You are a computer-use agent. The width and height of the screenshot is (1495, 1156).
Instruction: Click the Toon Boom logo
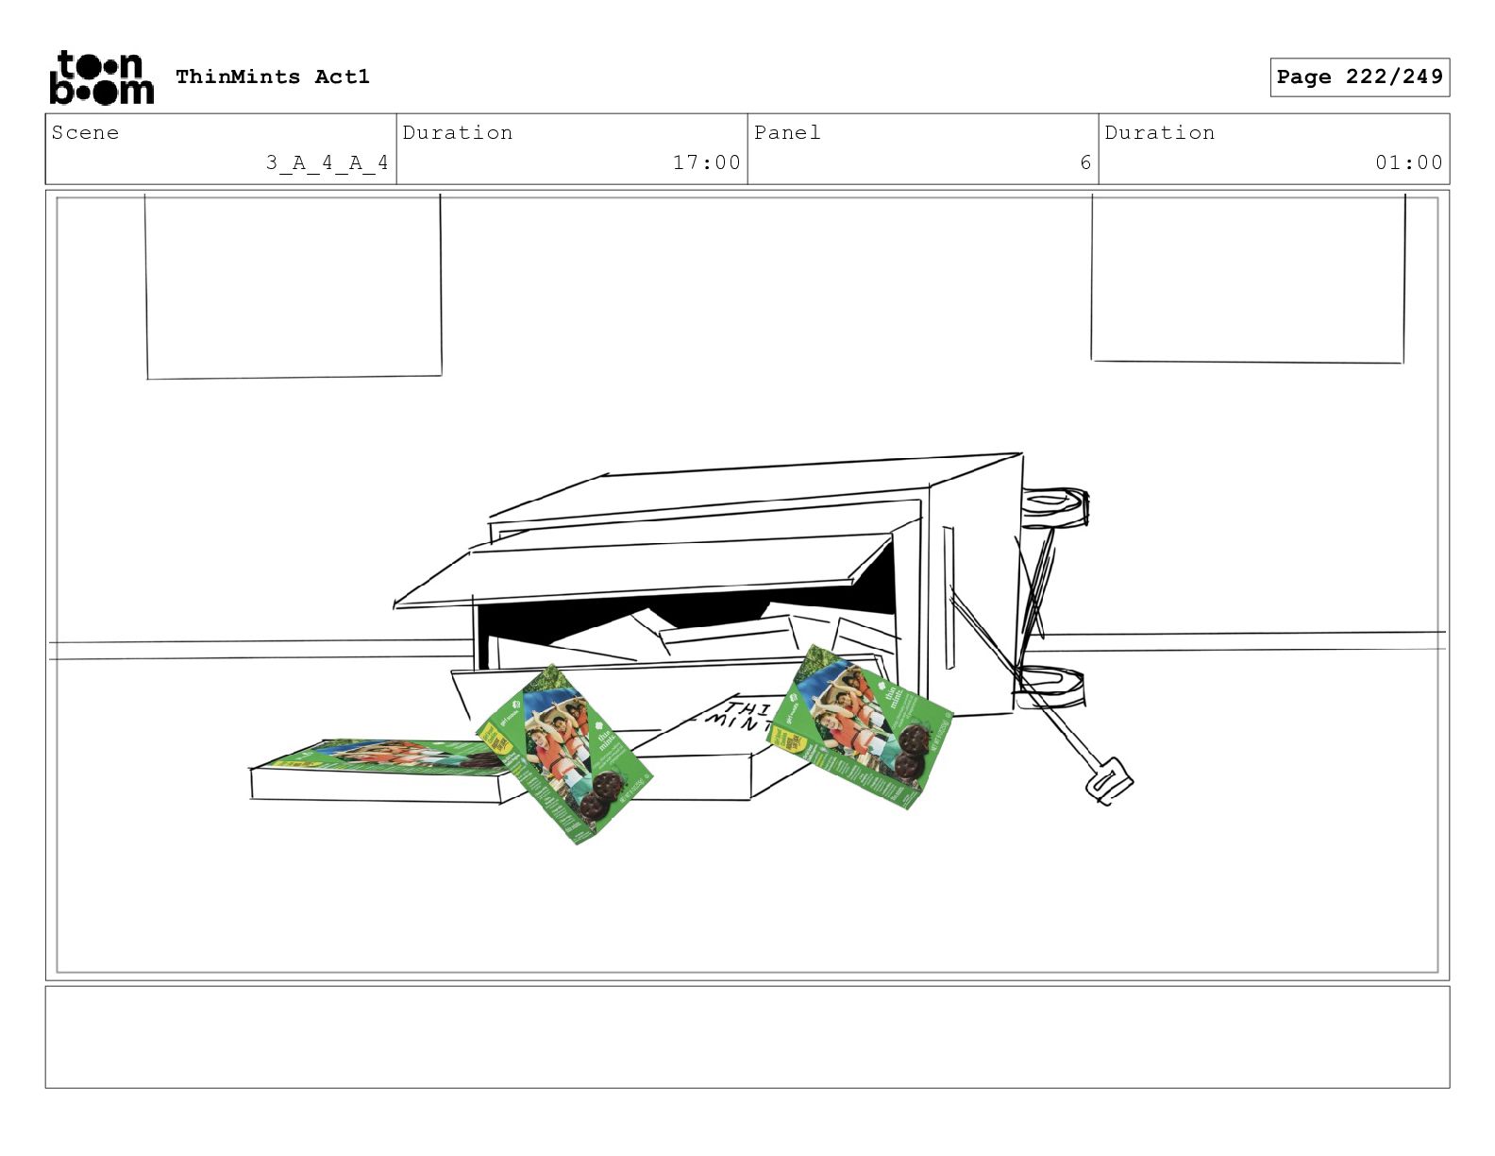pyautogui.click(x=100, y=77)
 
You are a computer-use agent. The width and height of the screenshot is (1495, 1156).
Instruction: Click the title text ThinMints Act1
pyautogui.click(x=272, y=76)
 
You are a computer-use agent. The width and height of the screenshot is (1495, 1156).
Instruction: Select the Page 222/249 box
pyautogui.click(x=1359, y=77)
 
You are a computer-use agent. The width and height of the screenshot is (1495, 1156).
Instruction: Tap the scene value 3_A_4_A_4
pyautogui.click(x=327, y=162)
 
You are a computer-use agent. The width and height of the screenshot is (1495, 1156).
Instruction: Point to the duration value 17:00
pyautogui.click(x=706, y=162)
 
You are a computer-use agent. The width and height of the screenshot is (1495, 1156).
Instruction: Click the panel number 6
pyautogui.click(x=1085, y=162)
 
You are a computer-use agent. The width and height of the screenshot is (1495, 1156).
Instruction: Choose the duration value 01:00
pyautogui.click(x=1408, y=162)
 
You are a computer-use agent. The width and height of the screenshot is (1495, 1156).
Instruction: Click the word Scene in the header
pyautogui.click(x=85, y=132)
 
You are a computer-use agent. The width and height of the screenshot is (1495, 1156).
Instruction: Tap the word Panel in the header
pyautogui.click(x=787, y=132)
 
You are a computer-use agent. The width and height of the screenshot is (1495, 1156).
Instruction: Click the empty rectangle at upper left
pyautogui.click(x=294, y=285)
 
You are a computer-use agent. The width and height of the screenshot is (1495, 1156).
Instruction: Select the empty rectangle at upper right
pyautogui.click(x=1248, y=278)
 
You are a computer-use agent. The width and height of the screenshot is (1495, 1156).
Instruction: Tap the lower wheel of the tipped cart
pyautogui.click(x=1050, y=687)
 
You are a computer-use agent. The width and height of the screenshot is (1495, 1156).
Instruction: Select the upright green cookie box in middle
pyautogui.click(x=563, y=754)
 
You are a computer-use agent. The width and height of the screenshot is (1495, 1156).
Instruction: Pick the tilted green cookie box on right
pyautogui.click(x=861, y=726)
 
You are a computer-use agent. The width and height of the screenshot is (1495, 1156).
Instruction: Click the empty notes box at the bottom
pyautogui.click(x=747, y=1037)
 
